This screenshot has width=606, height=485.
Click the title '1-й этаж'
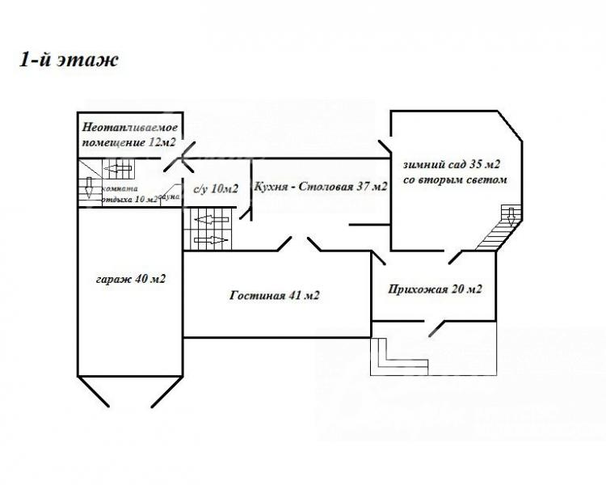[x=69, y=62]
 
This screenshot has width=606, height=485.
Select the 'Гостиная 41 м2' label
[x=274, y=296]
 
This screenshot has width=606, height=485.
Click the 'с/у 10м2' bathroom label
[x=216, y=189]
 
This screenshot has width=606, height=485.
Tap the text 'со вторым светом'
[x=454, y=180]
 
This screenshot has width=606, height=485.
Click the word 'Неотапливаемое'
[x=129, y=128]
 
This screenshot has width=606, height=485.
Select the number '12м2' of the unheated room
[x=162, y=143]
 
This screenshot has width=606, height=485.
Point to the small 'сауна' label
[x=170, y=196]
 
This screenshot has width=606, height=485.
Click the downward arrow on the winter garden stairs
[x=509, y=215]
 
